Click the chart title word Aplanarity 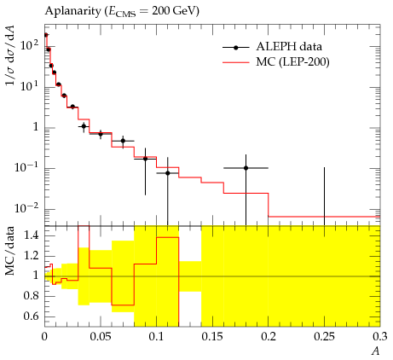coord(72,11)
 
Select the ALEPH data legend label coord(289,46)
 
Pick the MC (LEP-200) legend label coord(292,61)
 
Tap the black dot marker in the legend coord(235,48)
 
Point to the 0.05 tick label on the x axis coord(101,337)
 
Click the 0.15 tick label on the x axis coord(212,337)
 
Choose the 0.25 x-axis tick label coord(324,337)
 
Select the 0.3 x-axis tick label coord(380,337)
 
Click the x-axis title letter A coord(376,351)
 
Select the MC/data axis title coord(10,251)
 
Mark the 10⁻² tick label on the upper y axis coord(26,208)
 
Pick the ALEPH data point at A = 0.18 coord(246,168)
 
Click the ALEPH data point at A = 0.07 coord(123,141)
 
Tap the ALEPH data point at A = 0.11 coord(168,173)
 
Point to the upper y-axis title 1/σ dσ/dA coord(10,55)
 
